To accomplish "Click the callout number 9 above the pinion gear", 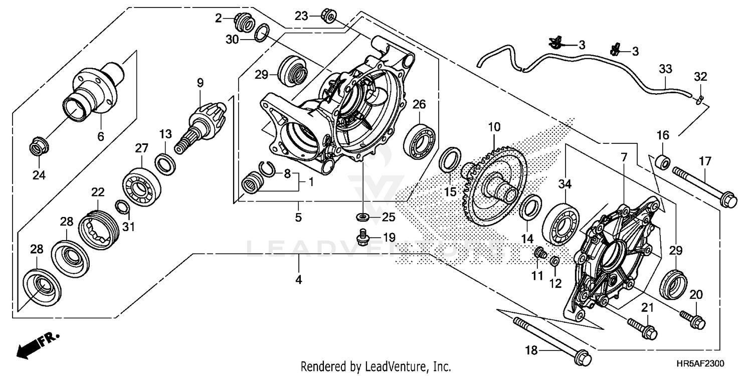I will tap(200, 83).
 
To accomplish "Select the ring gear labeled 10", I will tap(493, 185).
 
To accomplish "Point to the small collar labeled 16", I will tap(663, 163).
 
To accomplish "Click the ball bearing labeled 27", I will tap(141, 183).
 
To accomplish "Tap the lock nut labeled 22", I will tap(98, 228).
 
